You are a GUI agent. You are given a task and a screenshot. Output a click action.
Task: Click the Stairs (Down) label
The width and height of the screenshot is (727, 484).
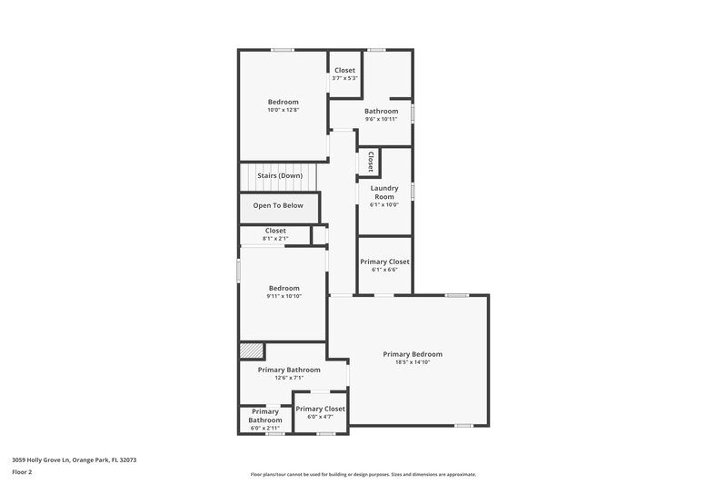pos(279,175)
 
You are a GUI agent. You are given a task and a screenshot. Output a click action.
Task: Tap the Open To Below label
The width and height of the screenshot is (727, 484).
pos(278,205)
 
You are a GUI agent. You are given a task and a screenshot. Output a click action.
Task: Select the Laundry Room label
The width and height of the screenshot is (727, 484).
pos(384,193)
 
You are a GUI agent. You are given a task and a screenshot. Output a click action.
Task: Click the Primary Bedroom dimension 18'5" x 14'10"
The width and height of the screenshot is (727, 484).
pos(413,362)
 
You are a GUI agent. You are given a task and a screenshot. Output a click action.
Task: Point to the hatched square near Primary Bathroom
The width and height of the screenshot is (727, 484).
pos(251,351)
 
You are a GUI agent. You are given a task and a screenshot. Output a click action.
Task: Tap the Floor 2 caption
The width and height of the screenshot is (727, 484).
pos(22,472)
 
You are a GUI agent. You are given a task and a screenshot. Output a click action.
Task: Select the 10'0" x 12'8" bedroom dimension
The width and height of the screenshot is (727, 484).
pos(283,110)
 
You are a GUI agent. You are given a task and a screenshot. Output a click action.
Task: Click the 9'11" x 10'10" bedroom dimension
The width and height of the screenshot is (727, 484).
pos(284,296)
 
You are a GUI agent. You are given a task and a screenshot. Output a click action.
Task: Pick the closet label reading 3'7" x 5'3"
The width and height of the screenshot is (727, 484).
pos(345,78)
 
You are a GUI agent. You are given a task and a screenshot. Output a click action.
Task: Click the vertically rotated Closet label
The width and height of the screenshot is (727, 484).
pos(371,162)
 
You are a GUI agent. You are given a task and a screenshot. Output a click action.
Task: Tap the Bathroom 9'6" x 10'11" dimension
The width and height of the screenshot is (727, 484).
pos(382,119)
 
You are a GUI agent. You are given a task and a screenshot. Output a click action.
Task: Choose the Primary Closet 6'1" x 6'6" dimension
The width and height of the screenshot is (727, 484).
pos(384,270)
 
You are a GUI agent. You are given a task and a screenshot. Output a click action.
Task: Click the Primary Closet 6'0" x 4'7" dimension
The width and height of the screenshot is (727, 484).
pos(320,417)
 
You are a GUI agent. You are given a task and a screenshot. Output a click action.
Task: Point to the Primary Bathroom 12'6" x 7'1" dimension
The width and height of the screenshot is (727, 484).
pos(289,378)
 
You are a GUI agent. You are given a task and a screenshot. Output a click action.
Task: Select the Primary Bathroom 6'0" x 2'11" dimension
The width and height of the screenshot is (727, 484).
pos(265,427)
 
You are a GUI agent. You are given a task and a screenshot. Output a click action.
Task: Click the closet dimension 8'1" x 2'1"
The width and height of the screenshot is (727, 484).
pos(275,238)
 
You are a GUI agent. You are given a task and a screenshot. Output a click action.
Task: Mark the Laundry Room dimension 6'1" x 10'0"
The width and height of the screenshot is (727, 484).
pos(384,205)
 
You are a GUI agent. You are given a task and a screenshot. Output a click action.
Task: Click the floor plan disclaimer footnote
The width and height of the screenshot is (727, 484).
pos(363,474)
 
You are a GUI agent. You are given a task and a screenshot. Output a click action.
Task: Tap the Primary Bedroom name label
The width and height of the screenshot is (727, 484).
pos(413,354)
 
